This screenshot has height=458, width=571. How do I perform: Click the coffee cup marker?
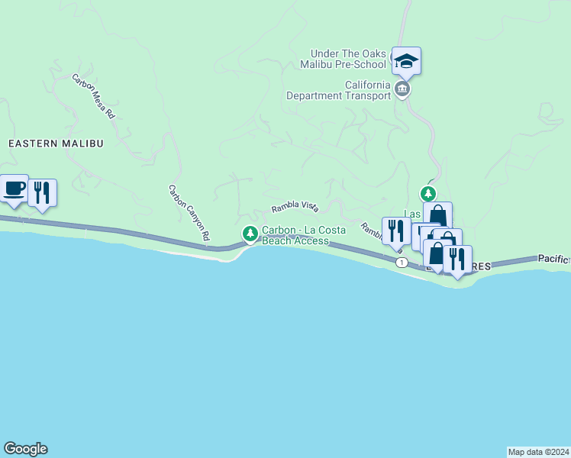pos(14,189)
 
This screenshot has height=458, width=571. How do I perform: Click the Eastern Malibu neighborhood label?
pos(55,143)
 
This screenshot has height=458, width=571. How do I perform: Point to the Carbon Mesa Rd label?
pos(93,95)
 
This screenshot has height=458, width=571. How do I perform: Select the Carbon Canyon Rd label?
pos(189,213)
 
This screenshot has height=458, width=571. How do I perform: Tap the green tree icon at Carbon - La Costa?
pos(249,233)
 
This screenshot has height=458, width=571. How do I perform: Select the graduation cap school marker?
pos(406,61)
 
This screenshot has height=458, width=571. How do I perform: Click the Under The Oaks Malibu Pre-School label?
pos(350,59)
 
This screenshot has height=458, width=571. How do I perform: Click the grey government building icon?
pos(402,90)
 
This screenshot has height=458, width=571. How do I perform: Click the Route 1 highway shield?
pos(402,262)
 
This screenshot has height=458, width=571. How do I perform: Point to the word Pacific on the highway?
pos(553,260)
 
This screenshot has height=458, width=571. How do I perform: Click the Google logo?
pos(25,449)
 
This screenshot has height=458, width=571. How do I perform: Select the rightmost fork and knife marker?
pos(457,259)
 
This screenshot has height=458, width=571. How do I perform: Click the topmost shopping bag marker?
pos(438,214)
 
